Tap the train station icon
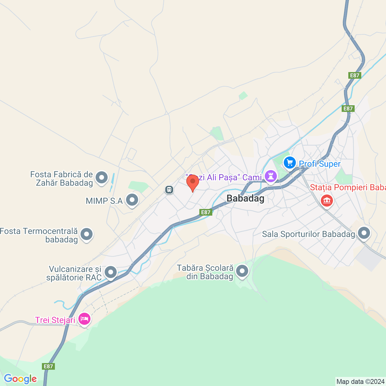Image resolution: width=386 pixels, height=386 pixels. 169,190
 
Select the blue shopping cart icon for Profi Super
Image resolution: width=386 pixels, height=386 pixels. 289,163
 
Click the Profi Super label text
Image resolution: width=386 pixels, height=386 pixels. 320,164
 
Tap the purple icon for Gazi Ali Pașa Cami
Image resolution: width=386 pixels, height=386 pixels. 271,176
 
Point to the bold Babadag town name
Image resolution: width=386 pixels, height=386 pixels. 245,198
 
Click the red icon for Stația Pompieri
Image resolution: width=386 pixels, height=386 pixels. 327,201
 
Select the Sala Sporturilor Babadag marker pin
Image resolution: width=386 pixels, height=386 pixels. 364,233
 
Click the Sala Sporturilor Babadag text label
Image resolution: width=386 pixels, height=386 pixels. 308,234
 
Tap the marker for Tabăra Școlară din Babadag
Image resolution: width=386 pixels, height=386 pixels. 242,271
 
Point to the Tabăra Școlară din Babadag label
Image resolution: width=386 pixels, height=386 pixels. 205,272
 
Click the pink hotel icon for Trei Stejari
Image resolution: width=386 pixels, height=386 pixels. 84,319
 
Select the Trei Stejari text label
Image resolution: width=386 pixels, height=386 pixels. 55,320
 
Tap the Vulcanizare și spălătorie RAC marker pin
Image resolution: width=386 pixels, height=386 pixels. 111,272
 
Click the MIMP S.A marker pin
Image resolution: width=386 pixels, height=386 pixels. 132,200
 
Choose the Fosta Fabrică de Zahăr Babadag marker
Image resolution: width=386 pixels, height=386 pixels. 102,178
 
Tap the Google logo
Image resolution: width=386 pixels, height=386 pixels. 21,379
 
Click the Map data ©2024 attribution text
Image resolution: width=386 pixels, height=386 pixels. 360,381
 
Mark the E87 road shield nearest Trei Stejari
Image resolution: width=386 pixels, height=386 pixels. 48,366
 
